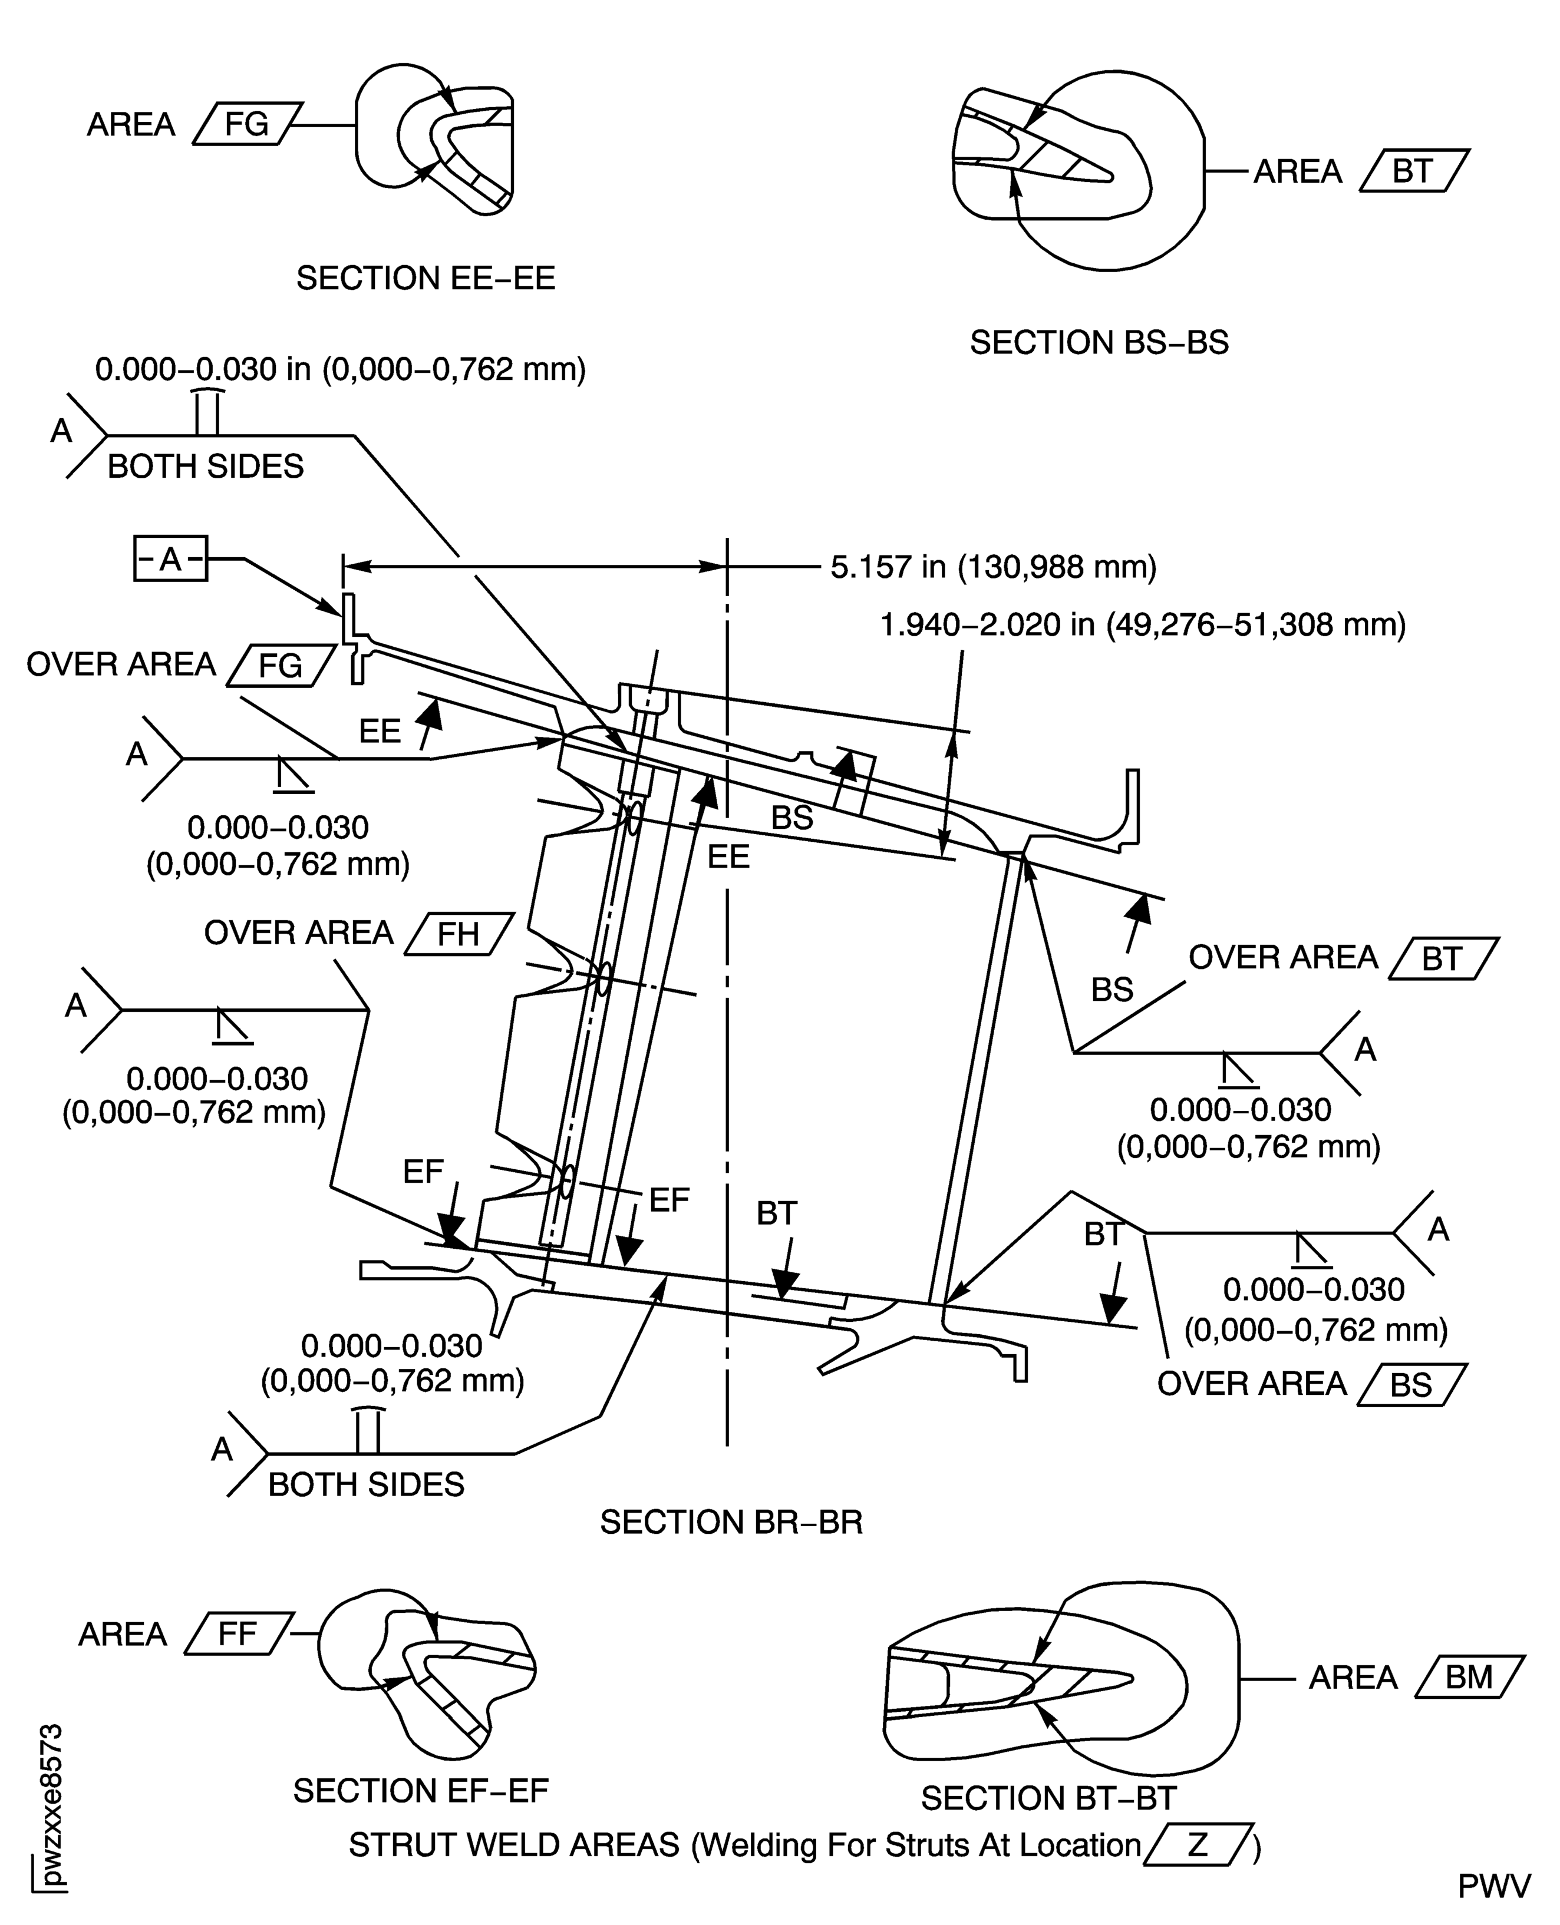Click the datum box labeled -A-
click(171, 559)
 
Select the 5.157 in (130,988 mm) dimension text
click(993, 567)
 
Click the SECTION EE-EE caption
click(426, 279)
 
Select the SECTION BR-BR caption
click(731, 1522)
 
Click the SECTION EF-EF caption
click(421, 1791)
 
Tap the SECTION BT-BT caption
click(1048, 1798)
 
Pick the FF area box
click(238, 1633)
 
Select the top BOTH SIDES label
click(206, 466)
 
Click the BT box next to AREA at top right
click(1413, 171)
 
